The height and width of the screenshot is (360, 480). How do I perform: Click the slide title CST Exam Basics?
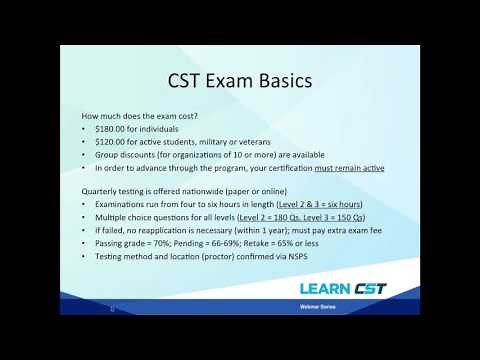click(x=240, y=78)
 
